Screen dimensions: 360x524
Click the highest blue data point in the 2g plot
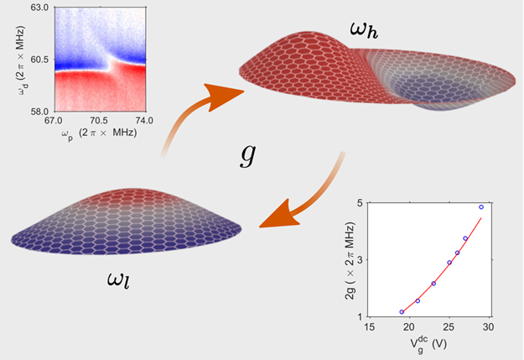(x=481, y=206)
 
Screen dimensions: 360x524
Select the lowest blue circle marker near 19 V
(x=402, y=312)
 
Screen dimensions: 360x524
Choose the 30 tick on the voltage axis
(x=489, y=328)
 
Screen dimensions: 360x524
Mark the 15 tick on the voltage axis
(x=370, y=328)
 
